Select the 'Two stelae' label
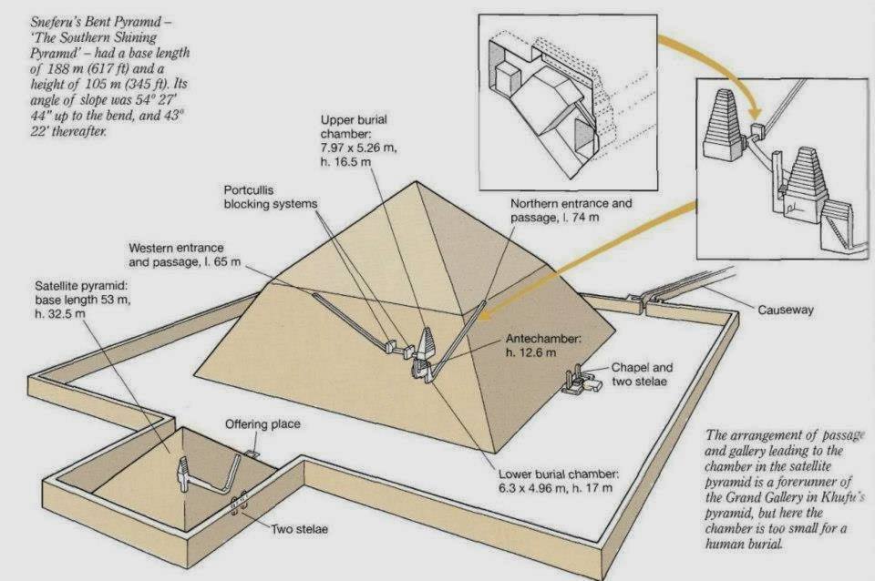click(298, 527)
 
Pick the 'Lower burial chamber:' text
click(559, 474)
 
